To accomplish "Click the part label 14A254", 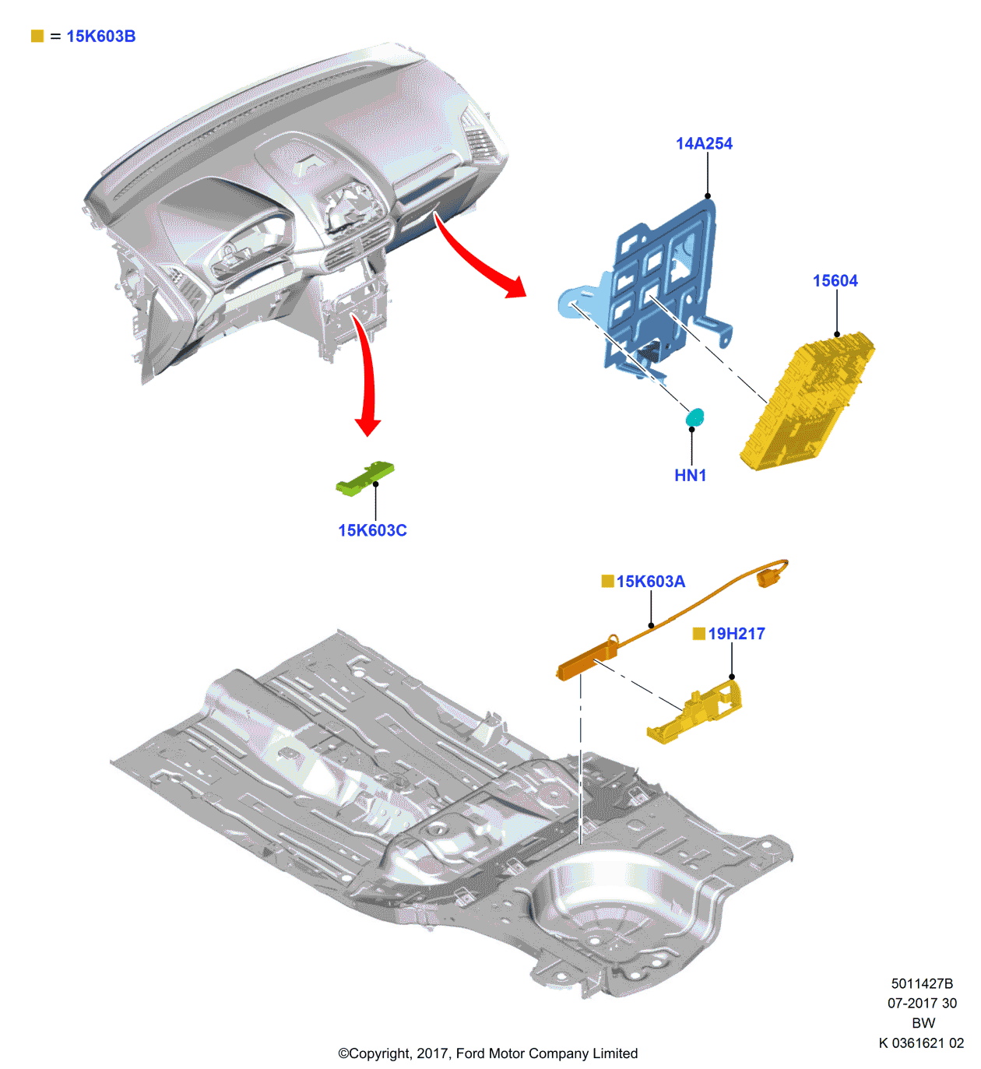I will coord(704,143).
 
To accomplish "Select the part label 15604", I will coord(835,281).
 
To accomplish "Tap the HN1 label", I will coord(690,475).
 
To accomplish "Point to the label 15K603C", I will coord(372,530).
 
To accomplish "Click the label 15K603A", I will coord(650,582).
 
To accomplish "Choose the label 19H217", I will coord(736,634).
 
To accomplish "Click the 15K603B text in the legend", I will coord(100,37).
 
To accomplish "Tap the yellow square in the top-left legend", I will coord(37,37).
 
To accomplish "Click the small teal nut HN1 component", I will coord(695,418).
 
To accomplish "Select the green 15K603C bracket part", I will coord(364,478).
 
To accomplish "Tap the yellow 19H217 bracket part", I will coord(697,712).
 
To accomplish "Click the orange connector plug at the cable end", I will coord(768,577).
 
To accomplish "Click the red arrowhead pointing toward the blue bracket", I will coord(514,287).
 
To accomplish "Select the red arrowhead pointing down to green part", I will coord(367,426).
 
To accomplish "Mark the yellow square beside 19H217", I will coord(698,634).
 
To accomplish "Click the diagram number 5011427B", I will coord(922,983).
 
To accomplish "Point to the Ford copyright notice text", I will coord(487,1053).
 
